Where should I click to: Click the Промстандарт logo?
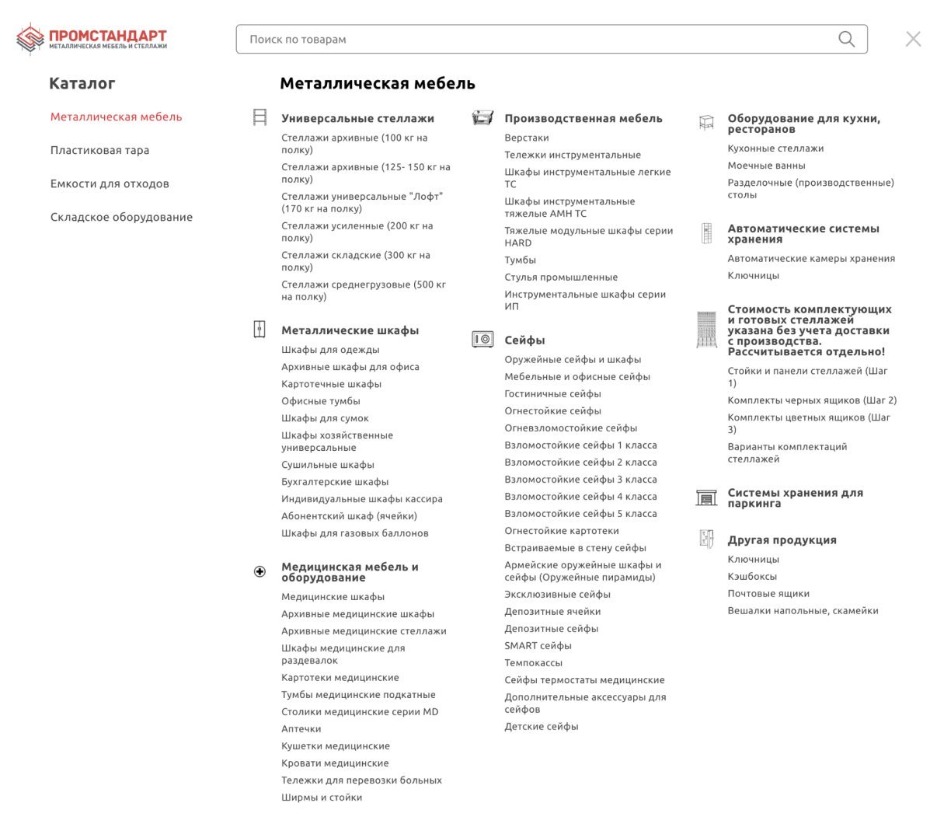(x=92, y=39)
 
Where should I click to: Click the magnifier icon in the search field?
(x=846, y=39)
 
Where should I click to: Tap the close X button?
(x=913, y=39)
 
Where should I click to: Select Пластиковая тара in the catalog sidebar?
(x=99, y=150)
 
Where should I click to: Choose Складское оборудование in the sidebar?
(x=121, y=217)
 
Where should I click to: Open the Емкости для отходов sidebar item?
(x=110, y=183)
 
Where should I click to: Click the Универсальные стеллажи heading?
(x=357, y=118)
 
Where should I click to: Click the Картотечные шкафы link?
(x=331, y=384)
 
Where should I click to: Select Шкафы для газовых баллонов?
(x=354, y=533)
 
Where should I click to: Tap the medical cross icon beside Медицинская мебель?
(x=260, y=572)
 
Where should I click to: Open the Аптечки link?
(x=301, y=729)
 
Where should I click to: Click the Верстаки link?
(x=526, y=138)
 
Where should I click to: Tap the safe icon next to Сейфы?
(x=482, y=340)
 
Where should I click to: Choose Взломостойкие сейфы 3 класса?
(x=580, y=480)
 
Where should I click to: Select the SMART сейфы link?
(x=538, y=646)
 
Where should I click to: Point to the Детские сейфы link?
(x=541, y=727)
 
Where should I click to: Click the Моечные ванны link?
(x=766, y=166)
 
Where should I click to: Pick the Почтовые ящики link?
(x=768, y=594)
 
